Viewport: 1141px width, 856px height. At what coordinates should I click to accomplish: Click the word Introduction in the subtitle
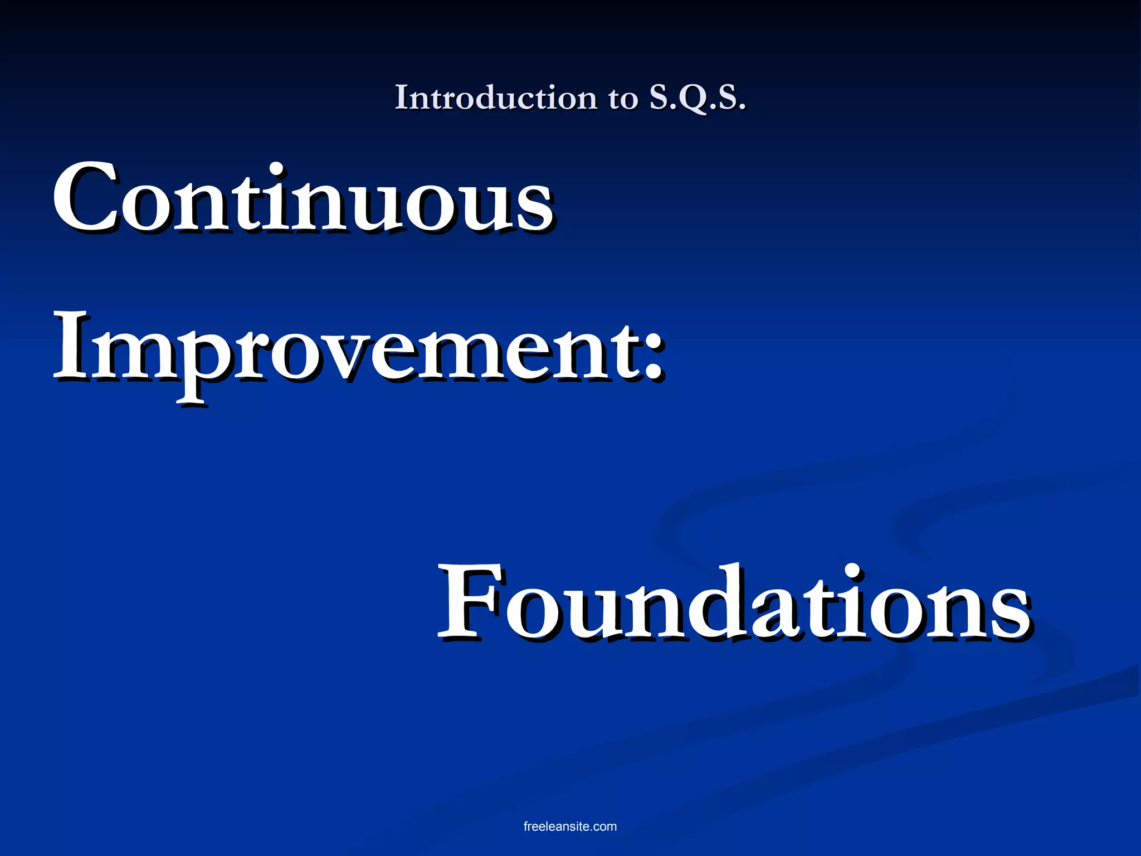click(x=496, y=98)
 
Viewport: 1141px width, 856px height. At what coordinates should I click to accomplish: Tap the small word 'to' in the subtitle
click(x=622, y=99)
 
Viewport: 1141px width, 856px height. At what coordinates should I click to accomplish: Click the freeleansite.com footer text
click(x=570, y=826)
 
